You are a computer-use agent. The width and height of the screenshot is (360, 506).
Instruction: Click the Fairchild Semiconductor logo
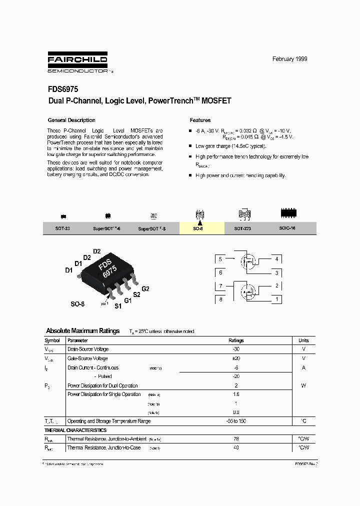pyautogui.click(x=77, y=62)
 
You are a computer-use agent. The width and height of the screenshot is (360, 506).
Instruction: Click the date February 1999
pyautogui.click(x=289, y=59)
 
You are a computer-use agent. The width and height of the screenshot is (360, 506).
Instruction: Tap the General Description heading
pyautogui.click(x=71, y=120)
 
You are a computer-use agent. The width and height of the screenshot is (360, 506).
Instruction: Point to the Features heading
pyautogui.click(x=200, y=120)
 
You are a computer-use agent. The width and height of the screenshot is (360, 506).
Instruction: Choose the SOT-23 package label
pyautogui.click(x=62, y=228)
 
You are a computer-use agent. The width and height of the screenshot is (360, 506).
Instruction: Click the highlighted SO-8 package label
pyautogui.click(x=198, y=228)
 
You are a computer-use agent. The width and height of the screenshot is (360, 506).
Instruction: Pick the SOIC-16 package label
pyautogui.click(x=287, y=228)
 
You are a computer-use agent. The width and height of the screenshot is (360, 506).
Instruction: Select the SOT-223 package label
pyautogui.click(x=243, y=228)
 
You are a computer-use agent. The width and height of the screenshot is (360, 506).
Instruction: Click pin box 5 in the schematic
pyautogui.click(x=220, y=259)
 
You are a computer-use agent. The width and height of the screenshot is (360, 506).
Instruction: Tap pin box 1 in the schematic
pyautogui.click(x=276, y=299)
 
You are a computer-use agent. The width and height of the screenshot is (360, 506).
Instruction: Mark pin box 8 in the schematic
pyautogui.click(x=220, y=299)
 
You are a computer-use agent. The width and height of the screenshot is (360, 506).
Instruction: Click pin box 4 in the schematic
pyautogui.click(x=276, y=259)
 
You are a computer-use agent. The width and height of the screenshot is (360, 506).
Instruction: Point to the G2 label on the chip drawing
pyautogui.click(x=145, y=289)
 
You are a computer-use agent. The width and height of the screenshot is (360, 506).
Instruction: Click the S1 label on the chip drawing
pyautogui.click(x=118, y=306)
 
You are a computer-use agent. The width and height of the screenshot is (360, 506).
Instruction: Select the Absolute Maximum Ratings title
pyautogui.click(x=82, y=331)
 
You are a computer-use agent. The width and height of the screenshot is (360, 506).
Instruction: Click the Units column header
pyautogui.click(x=303, y=340)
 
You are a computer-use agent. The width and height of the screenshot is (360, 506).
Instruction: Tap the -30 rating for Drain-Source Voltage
pyautogui.click(x=236, y=349)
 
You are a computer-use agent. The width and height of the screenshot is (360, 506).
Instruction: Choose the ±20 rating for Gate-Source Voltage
pyautogui.click(x=236, y=358)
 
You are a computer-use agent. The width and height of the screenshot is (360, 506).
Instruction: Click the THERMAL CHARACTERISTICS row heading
pyautogui.click(x=75, y=430)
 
